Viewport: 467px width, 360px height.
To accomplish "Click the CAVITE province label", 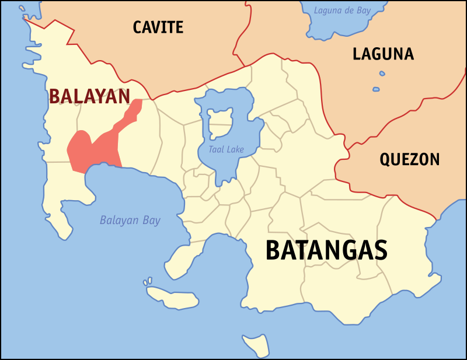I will pos(158,27).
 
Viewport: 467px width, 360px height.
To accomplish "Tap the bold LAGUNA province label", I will pos(383,54).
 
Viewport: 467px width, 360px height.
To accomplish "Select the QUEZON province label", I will pos(409,159).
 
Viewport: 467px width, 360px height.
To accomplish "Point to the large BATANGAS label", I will pos(326,250).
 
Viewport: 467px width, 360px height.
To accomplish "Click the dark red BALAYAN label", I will pos(89,96).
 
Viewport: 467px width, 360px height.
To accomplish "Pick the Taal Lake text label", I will pos(226,149).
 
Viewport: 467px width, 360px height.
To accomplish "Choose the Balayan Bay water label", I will pos(130,221).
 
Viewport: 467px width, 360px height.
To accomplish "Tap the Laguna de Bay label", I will pos(342,10).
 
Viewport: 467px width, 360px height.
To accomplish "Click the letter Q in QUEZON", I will pos(385,160).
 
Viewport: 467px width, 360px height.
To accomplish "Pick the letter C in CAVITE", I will pos(138,27).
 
